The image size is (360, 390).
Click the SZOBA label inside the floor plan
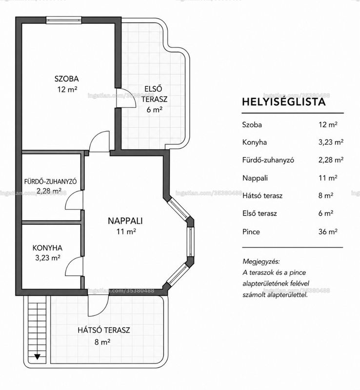[66, 79]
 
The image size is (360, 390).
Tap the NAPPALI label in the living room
[125, 221]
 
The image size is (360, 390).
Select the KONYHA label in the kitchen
[47, 248]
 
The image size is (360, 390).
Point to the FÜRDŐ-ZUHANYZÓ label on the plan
[50, 181]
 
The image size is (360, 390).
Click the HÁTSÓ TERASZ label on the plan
[104, 330]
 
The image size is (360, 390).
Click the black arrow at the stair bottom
[38, 357]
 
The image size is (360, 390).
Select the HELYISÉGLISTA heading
[284, 102]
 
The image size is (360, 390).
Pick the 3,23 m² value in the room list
[331, 142]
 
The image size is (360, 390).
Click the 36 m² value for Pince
[328, 232]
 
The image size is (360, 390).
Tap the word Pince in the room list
[251, 232]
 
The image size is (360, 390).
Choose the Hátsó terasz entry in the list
[262, 196]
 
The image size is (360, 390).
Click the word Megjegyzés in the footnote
[261, 262]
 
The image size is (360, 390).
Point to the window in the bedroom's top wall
[64, 20]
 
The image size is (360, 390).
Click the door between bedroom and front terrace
[126, 98]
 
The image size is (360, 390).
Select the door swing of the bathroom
[74, 200]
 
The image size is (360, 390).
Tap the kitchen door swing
[74, 266]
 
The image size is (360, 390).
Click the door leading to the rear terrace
[99, 306]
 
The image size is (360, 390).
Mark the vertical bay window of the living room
[190, 241]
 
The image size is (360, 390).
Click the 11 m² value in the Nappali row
[328, 178]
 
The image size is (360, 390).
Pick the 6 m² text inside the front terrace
[154, 109]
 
